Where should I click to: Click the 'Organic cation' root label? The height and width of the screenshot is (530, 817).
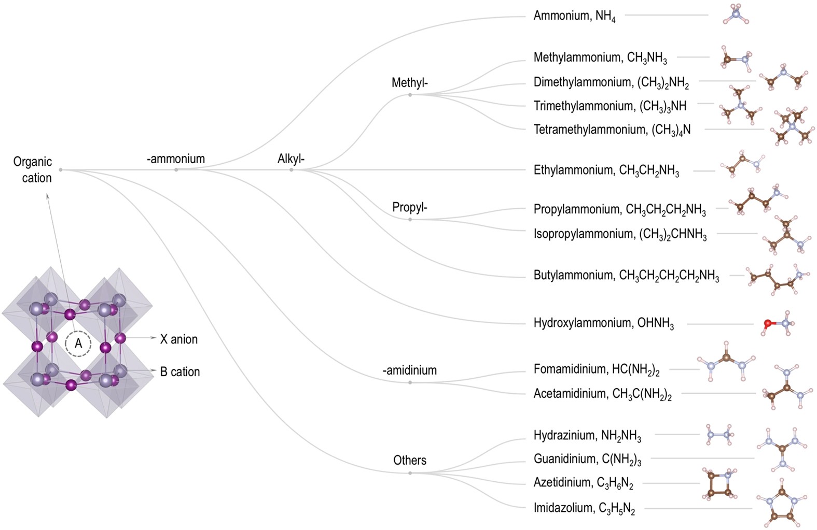[33, 169]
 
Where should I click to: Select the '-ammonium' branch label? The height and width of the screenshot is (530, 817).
[176, 159]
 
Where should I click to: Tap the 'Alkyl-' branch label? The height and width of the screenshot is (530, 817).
[291, 159]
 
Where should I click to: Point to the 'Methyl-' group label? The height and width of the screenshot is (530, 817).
[409, 82]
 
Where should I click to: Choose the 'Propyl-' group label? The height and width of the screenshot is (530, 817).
[409, 207]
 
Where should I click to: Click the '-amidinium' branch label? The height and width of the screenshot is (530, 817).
[409, 370]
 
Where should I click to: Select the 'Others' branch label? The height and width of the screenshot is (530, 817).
[409, 460]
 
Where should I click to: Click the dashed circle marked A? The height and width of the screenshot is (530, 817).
[78, 343]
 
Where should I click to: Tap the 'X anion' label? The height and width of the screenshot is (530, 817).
[178, 339]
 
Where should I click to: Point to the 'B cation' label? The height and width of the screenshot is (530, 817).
[179, 371]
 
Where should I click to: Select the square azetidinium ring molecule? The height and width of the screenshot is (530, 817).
[719, 484]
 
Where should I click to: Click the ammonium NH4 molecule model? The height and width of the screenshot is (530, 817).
[736, 15]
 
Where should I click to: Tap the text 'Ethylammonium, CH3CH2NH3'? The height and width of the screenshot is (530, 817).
[606, 170]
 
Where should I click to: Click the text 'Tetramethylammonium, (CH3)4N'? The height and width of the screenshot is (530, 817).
[612, 129]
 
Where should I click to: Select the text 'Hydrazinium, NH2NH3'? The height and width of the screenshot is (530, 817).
[587, 435]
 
